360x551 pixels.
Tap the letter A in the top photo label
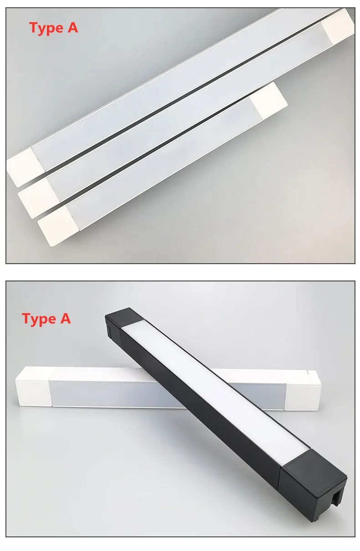tap(72, 27)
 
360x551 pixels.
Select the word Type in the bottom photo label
tap(39, 320)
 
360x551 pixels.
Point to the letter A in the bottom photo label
tap(65, 318)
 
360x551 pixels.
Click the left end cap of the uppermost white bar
tap(26, 167)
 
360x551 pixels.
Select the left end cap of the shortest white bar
tap(58, 225)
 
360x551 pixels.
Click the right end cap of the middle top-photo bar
tap(338, 26)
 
